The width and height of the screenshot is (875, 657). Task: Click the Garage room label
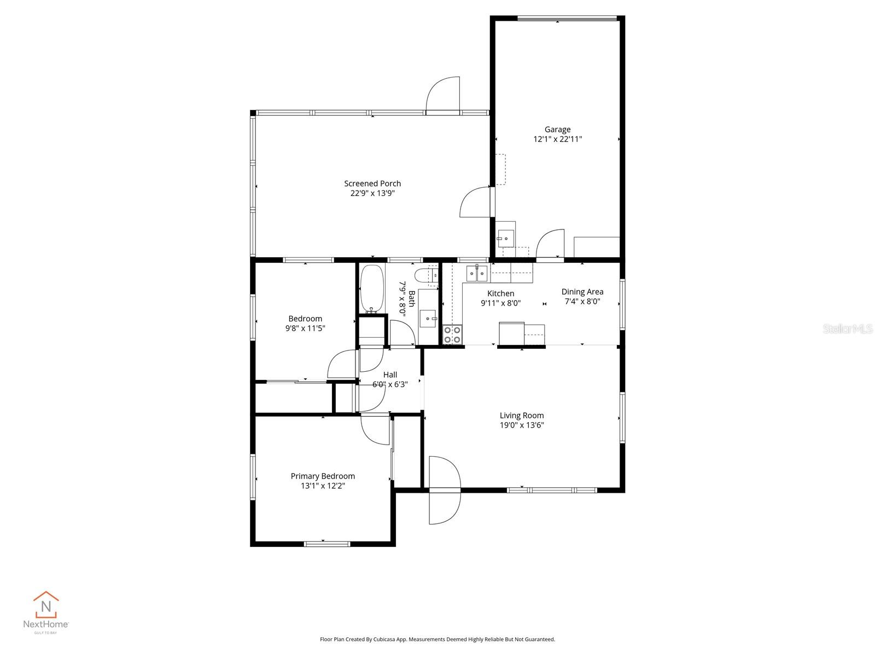tap(557, 130)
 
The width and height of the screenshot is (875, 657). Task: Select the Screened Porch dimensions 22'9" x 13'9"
tap(372, 193)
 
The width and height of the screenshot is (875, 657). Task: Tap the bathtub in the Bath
tap(372, 289)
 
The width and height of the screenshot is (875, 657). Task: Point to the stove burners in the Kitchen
tap(452, 335)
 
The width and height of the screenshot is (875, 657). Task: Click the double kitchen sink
tap(477, 272)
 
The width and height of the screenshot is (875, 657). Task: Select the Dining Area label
tap(582, 292)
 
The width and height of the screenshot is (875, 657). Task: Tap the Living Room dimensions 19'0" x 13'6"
tap(522, 425)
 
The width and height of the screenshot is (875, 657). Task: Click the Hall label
tap(390, 374)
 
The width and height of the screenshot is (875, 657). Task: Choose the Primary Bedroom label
tap(323, 476)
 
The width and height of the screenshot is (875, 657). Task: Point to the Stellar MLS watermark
tap(848, 328)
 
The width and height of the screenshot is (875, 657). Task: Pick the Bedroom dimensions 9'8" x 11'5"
tap(305, 328)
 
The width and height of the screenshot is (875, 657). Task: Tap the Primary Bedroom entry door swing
tap(375, 430)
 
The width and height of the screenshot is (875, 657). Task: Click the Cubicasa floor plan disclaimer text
tap(437, 639)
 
